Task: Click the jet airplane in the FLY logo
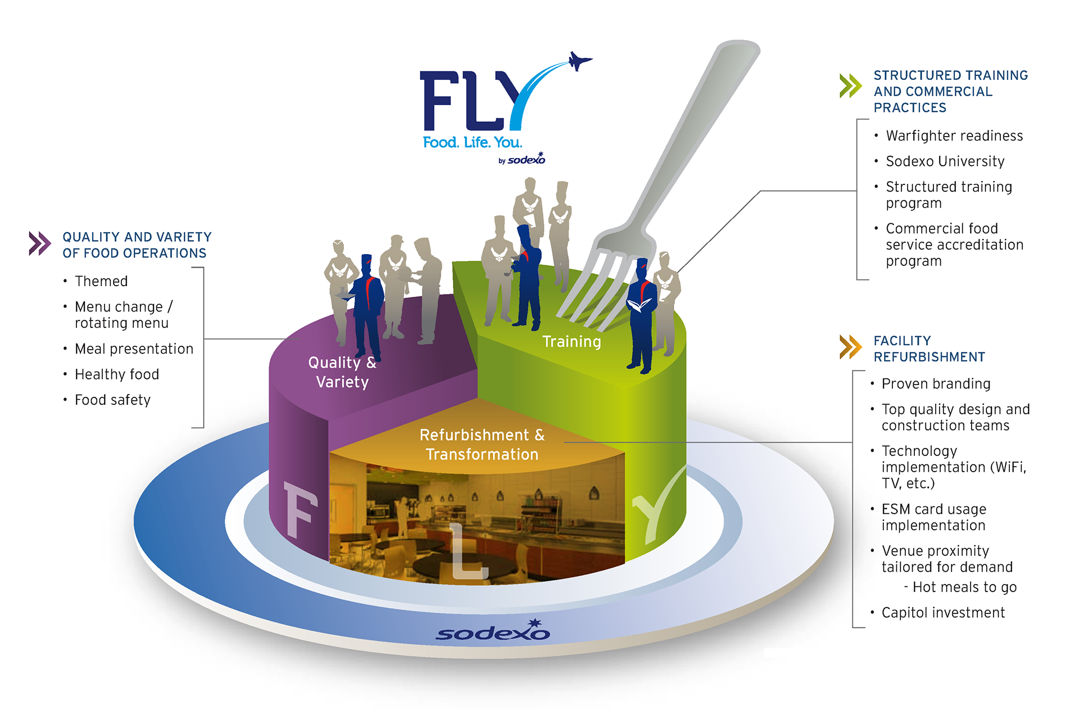click(579, 60)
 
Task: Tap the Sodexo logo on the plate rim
click(493, 632)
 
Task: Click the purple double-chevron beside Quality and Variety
click(40, 243)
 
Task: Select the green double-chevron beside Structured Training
click(850, 85)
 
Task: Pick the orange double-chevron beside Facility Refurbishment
click(850, 347)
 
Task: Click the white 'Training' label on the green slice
click(572, 342)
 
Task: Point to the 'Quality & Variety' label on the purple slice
click(342, 372)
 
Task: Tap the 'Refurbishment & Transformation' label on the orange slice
click(482, 445)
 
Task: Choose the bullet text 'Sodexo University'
click(945, 161)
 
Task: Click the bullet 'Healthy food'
click(117, 374)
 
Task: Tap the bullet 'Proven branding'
click(936, 384)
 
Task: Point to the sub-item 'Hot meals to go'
click(964, 587)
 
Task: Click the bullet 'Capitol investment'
click(943, 613)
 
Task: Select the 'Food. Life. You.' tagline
click(472, 143)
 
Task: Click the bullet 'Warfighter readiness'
click(954, 136)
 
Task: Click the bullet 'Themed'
click(101, 281)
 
